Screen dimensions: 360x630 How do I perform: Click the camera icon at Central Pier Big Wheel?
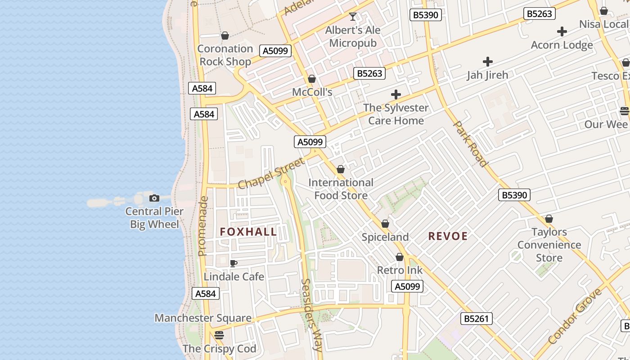click(154, 198)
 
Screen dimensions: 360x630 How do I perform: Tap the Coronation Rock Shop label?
click(225, 55)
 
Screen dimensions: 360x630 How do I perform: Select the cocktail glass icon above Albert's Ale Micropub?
click(353, 17)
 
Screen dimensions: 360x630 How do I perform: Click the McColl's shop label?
click(312, 92)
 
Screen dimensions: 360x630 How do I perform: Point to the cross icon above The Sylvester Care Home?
click(396, 94)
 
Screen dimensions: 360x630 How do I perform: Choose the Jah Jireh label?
click(487, 75)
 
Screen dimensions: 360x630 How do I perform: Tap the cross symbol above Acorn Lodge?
click(562, 31)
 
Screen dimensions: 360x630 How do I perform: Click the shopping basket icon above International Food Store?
click(341, 169)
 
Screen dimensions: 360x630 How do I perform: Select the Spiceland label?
click(385, 237)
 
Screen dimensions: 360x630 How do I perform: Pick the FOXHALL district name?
click(248, 232)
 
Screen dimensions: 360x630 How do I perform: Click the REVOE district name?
click(448, 236)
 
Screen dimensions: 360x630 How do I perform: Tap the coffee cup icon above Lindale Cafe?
click(233, 263)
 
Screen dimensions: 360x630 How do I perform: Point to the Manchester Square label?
click(203, 318)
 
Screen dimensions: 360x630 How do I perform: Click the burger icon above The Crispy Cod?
click(219, 335)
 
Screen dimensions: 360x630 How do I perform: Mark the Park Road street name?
click(471, 144)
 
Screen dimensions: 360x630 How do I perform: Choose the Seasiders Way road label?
click(311, 315)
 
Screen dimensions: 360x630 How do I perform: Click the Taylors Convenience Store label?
click(549, 245)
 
